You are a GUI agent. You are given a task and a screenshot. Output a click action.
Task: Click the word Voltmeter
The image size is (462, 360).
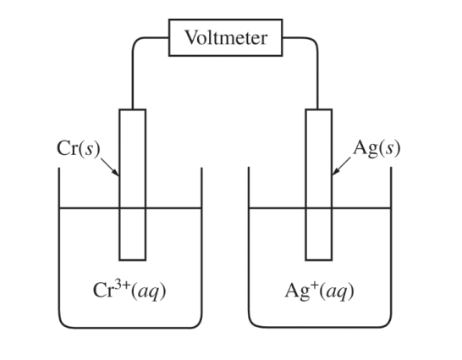click(225, 38)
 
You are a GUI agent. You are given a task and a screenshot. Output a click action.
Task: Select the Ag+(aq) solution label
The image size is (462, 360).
click(320, 291)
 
